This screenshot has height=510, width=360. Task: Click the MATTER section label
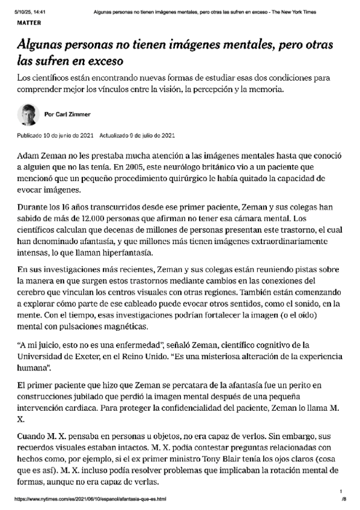29,22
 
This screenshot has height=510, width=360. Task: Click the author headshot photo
28,113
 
